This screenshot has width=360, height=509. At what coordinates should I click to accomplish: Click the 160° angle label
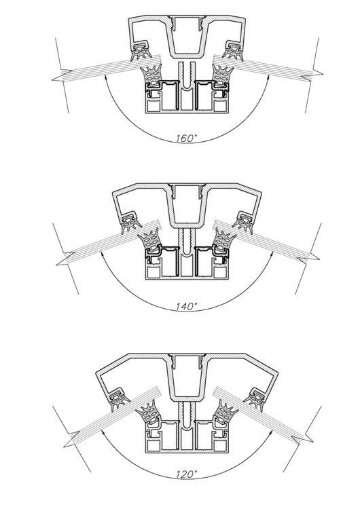pos(187,138)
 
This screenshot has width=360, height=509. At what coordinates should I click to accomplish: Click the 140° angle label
pos(187,306)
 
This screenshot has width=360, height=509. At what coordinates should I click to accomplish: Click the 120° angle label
pos(187,474)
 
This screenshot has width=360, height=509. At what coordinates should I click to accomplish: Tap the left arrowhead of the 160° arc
pos(106,77)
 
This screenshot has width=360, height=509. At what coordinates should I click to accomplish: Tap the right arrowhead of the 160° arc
pos(268,78)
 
